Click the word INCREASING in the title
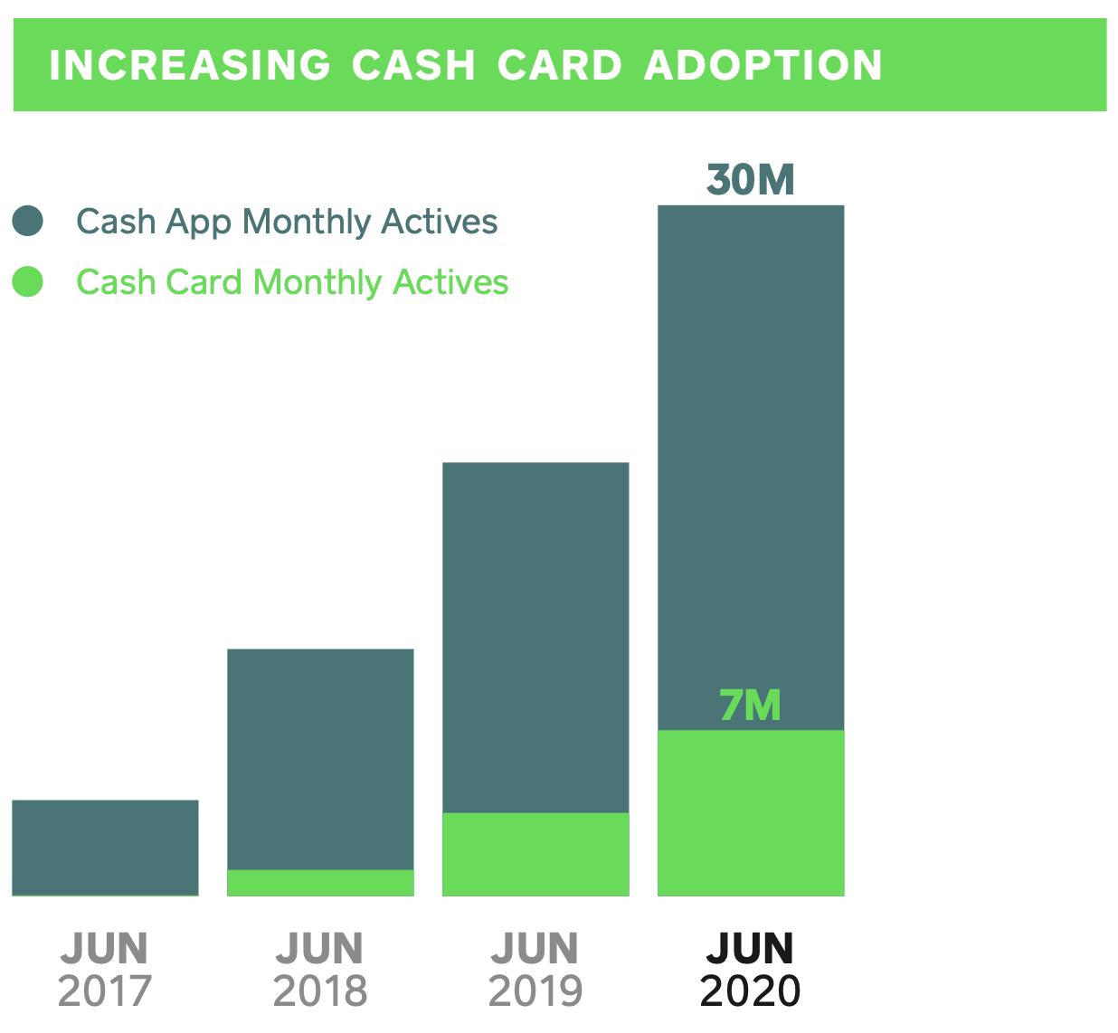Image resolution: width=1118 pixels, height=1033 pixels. coord(189,66)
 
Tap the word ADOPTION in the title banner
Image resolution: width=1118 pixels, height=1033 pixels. coord(763,66)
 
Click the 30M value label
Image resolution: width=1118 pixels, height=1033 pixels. coord(750,180)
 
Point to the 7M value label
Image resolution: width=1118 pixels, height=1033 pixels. coord(750,706)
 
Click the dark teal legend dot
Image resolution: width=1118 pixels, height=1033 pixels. coord(28,222)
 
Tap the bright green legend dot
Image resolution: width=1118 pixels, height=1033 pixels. coord(28,282)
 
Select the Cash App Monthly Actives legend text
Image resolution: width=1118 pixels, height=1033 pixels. coord(287,222)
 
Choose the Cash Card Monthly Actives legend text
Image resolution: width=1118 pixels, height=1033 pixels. coord(292,282)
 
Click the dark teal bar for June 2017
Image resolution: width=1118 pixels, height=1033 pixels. coord(105,847)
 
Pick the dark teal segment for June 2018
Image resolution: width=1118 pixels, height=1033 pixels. coord(320,759)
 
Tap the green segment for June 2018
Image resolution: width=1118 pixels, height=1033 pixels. coord(320,883)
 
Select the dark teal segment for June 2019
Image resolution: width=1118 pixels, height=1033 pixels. coord(535,638)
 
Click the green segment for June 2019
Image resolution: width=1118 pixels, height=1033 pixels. coord(535,855)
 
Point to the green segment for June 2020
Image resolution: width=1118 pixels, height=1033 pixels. coord(751,814)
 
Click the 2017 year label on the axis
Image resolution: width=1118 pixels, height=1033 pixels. coord(105,991)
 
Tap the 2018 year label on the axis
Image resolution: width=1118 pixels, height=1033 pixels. coord(320,991)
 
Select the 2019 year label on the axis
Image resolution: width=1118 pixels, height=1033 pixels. coord(535,991)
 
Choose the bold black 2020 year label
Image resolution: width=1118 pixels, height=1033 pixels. coord(751,991)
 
